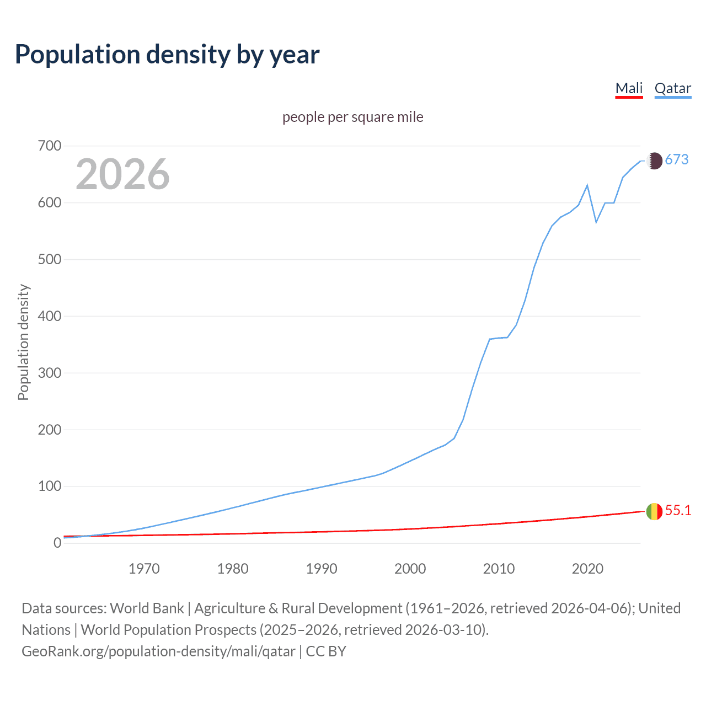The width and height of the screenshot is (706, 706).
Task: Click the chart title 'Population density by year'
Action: [167, 55]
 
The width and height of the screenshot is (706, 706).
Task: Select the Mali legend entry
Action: [629, 88]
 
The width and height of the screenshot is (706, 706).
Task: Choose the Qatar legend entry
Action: [672, 88]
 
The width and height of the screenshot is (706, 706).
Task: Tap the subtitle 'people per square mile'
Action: [352, 117]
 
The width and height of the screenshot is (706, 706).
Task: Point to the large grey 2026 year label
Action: [122, 174]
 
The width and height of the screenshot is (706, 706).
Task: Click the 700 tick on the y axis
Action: [50, 146]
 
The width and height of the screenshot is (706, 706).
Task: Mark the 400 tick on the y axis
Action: [50, 317]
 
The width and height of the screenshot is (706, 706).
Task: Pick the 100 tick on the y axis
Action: [50, 486]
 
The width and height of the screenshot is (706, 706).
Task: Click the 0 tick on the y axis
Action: [57, 543]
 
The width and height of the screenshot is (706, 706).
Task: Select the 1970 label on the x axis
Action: [144, 569]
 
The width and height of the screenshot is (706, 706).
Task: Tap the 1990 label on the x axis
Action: [322, 569]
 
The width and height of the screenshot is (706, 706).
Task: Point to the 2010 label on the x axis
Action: [499, 569]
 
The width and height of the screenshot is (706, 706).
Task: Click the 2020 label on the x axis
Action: [587, 569]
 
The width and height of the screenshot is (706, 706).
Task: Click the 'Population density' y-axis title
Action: [23, 342]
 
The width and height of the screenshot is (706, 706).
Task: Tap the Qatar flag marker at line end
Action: [654, 161]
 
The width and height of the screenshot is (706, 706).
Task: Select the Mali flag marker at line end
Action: [654, 511]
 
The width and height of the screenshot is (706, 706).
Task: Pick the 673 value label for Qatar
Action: [677, 160]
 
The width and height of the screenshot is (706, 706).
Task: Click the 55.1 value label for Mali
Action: [678, 511]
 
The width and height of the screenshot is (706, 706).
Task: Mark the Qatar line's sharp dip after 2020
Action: [596, 222]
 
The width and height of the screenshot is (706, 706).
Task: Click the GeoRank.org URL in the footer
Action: [158, 651]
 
